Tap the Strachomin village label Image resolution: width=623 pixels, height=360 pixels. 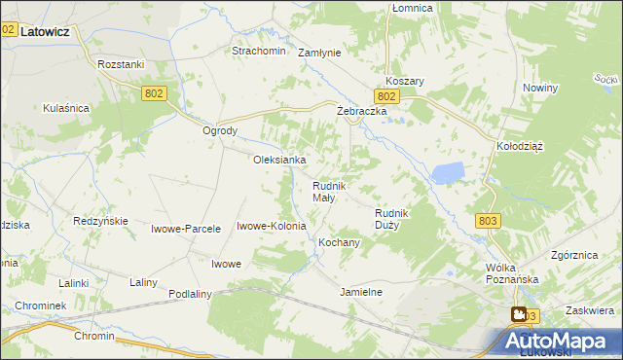pos(258,51)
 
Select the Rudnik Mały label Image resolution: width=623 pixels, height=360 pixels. pos(325,192)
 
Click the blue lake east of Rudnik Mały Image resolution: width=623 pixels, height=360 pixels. pos(448,173)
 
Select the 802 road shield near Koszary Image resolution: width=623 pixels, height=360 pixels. pos(386,96)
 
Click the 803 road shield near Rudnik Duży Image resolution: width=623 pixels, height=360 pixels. pos(489,221)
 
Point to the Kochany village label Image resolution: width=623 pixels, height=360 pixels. pos(340,241)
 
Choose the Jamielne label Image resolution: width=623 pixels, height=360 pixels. pos(360,292)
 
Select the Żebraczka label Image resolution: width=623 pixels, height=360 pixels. pos(362,112)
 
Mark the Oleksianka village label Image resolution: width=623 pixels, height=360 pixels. pos(280,160)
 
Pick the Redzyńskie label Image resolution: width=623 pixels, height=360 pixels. pos(101,221)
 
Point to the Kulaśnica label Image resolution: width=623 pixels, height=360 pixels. pos(66,109)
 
